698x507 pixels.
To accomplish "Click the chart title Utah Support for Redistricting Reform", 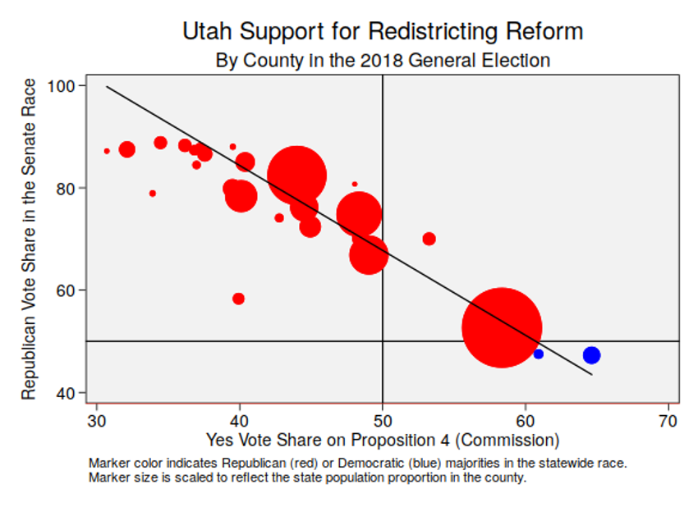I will [382, 32].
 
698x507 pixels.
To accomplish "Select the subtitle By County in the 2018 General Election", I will [382, 61].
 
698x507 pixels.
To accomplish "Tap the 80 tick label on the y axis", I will [66, 188].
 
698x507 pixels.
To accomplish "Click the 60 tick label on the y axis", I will [66, 290].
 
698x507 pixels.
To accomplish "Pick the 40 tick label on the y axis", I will [66, 393].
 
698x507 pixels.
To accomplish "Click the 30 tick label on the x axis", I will [97, 419].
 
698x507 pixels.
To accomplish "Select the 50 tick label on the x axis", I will [383, 419].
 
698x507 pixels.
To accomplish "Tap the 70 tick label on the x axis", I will [668, 419].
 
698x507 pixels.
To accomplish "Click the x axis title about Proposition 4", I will [383, 440].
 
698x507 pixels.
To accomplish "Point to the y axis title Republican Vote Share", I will [30, 239].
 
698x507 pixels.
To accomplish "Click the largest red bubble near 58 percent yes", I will [502, 327].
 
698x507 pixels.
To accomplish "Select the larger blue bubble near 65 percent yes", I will [591, 355].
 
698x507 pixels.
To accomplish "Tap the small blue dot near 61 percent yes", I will [539, 354].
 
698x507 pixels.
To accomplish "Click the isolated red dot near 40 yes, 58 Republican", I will [238, 299].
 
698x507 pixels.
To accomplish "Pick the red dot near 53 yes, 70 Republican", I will [429, 239].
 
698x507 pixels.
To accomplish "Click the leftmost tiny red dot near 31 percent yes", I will [107, 151].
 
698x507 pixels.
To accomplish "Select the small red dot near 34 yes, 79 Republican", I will [153, 194].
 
